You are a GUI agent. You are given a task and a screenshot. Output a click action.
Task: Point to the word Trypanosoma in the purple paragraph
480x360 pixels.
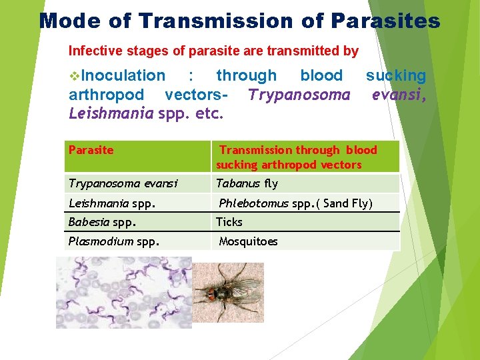click(299, 95)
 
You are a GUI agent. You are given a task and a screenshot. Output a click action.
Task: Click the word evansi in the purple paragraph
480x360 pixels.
click(398, 95)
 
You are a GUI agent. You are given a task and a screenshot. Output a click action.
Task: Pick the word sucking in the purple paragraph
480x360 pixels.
click(395, 76)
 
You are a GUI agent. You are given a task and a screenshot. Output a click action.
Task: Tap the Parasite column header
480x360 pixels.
click(91, 150)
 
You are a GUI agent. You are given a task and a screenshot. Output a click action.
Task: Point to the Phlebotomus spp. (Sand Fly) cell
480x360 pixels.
click(296, 203)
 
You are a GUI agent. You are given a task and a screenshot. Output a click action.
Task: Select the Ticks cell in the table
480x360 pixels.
click(229, 222)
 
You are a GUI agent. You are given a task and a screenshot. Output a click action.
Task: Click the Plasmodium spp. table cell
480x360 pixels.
click(105, 241)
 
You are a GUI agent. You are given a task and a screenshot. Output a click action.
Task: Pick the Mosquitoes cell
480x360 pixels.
click(248, 241)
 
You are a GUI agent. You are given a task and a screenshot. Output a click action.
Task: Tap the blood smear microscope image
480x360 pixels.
click(123, 293)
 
